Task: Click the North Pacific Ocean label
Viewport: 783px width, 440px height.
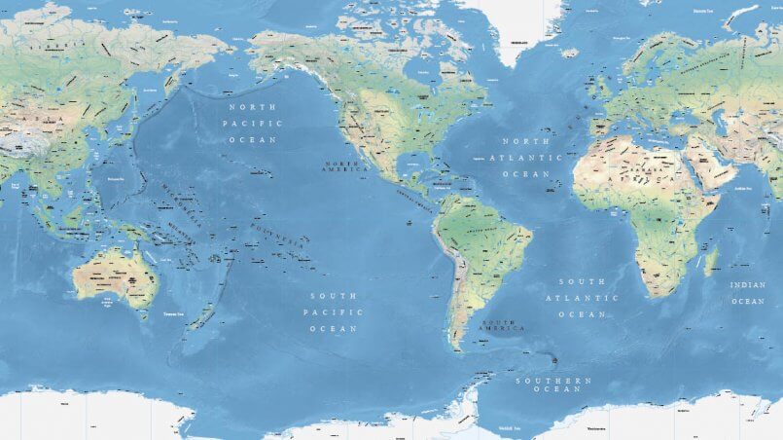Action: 252,124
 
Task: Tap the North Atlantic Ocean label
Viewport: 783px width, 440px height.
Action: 525,157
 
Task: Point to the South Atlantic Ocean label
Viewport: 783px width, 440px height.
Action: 583,298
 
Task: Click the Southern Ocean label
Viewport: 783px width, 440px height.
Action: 553,385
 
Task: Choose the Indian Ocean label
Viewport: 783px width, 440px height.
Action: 748,293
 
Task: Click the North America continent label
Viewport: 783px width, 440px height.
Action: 347,165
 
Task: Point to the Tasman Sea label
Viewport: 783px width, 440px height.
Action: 175,314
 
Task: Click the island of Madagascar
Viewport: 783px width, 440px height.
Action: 711,261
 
